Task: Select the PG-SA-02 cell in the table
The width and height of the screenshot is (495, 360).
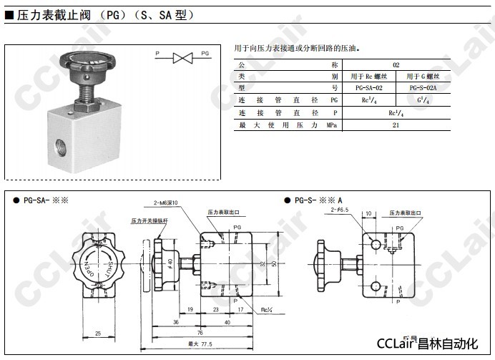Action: pos(373,87)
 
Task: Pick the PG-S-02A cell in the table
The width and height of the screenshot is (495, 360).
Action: pos(423,87)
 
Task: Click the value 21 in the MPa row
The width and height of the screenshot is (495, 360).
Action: pos(396,125)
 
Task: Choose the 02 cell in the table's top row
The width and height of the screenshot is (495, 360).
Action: pos(396,64)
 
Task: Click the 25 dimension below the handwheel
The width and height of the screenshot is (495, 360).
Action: pos(97,332)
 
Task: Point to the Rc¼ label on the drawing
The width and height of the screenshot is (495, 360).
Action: pos(266,309)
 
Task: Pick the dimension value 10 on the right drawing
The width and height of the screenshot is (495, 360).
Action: pos(368,213)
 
